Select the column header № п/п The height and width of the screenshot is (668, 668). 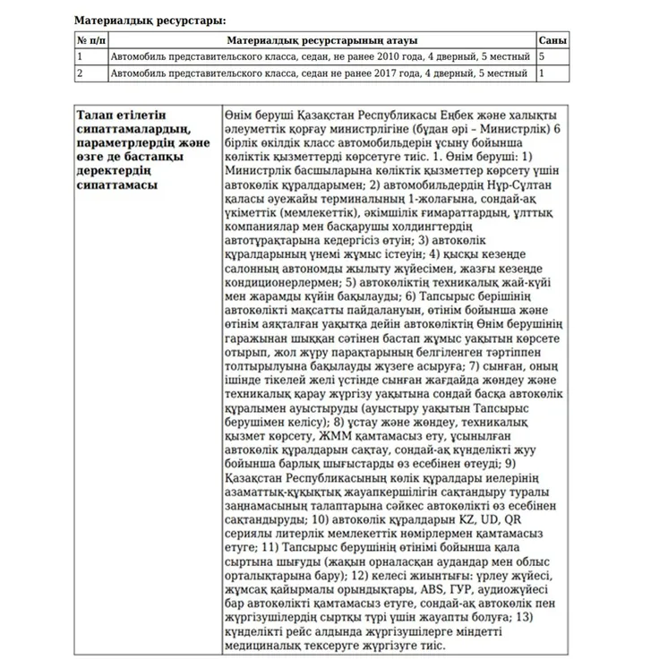(x=91, y=40)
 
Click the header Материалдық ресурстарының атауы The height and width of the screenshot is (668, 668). (x=321, y=40)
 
